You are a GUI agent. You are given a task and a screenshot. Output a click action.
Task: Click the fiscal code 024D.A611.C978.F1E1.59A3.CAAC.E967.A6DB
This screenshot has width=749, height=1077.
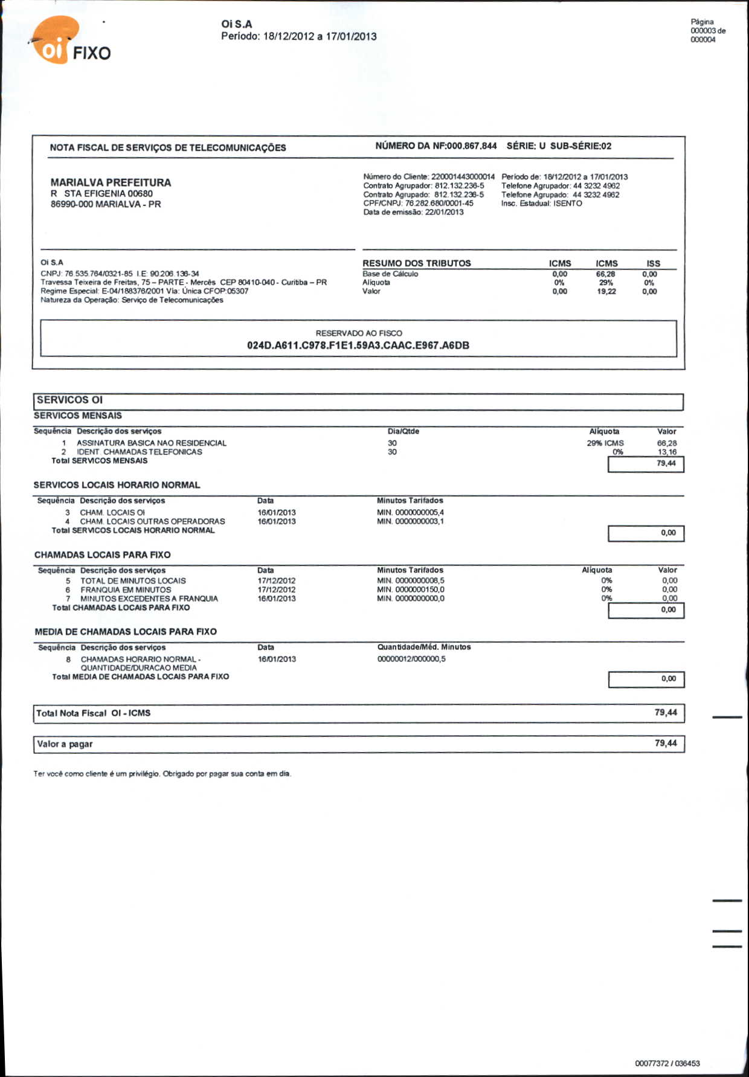(358, 346)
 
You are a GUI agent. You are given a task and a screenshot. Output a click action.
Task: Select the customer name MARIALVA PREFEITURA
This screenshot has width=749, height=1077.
(111, 182)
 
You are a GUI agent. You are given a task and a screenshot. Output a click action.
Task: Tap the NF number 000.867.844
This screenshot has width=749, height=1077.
(472, 146)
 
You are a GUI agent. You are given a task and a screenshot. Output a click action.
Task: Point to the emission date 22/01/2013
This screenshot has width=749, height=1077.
(444, 212)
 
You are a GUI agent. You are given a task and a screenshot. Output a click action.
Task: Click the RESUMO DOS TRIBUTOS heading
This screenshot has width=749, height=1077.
(416, 263)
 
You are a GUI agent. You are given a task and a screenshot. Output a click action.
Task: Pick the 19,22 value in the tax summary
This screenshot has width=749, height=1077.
(606, 291)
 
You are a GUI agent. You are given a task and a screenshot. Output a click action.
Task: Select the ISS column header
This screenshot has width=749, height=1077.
(653, 263)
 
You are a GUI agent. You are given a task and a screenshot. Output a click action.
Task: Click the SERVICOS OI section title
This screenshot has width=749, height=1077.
(69, 400)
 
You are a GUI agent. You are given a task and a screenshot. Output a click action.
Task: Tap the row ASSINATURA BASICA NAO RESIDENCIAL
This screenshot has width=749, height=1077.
(152, 443)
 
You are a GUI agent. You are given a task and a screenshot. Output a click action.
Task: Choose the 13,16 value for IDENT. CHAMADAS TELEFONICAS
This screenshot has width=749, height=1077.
(667, 452)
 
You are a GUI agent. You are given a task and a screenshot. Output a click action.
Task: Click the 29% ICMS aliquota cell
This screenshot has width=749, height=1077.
(605, 443)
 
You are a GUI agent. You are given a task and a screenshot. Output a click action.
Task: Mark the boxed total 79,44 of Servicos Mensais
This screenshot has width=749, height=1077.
(666, 463)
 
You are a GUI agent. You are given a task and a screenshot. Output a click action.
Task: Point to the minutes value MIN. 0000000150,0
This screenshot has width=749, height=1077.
(411, 590)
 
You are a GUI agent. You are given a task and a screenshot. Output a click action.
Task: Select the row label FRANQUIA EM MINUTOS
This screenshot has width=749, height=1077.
(126, 590)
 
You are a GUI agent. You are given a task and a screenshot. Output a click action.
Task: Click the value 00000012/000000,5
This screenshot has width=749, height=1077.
(411, 659)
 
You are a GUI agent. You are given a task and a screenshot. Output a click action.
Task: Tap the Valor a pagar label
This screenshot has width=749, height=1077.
(65, 744)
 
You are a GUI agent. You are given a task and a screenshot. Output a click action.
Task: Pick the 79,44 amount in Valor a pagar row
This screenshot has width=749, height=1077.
(666, 744)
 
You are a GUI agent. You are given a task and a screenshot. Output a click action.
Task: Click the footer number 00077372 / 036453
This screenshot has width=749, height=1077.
(667, 1063)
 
